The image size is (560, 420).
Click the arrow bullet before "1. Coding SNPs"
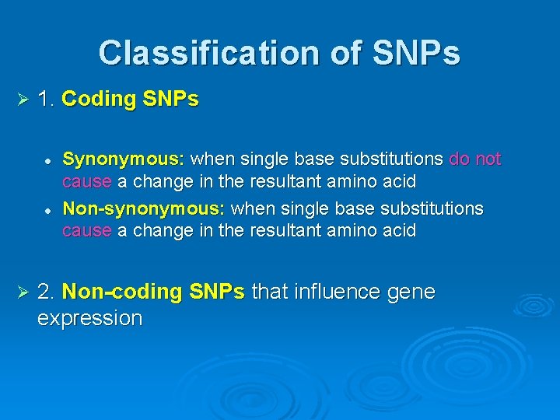click(22, 100)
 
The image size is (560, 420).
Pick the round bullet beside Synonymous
click(47, 160)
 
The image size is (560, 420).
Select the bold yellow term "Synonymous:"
click(124, 160)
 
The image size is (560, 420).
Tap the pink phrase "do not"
click(475, 159)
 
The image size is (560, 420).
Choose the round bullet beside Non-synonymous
click(47, 210)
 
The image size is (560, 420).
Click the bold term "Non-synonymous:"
click(145, 209)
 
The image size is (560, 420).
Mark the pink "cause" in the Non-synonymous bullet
click(87, 231)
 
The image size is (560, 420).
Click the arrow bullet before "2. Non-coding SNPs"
click(22, 292)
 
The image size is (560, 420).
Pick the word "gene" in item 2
click(411, 292)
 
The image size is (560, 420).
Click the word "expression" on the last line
click(89, 319)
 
